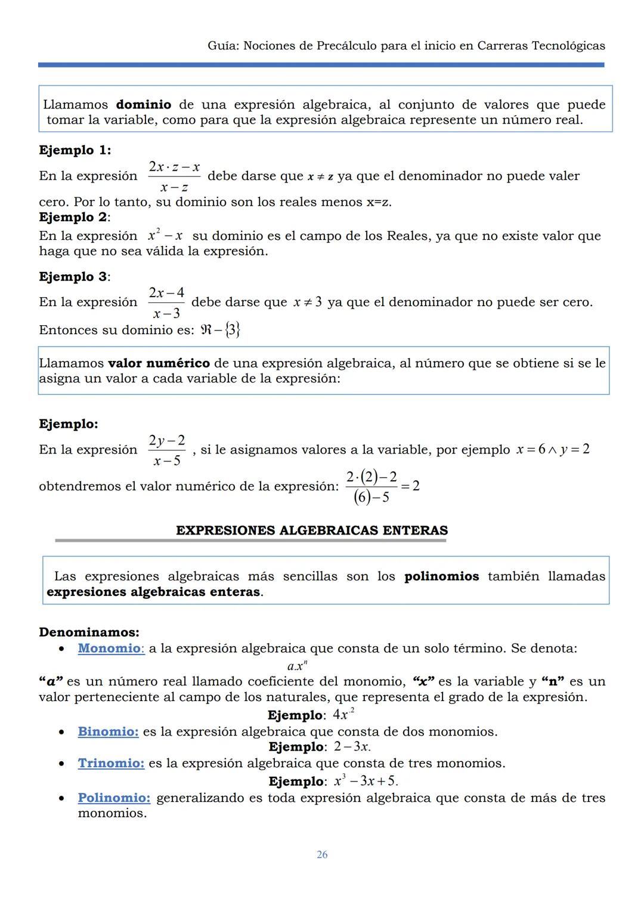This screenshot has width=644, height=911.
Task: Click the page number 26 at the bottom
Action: click(x=322, y=855)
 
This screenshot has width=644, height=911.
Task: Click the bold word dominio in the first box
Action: click(x=143, y=105)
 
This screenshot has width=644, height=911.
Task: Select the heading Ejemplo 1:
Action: click(x=75, y=150)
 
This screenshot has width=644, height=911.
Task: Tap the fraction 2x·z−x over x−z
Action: click(x=174, y=177)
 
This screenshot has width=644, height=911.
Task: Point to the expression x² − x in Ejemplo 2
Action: click(x=165, y=236)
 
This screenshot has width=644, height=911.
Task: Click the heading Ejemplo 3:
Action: click(x=75, y=277)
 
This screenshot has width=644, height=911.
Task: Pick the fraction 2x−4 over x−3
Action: click(x=166, y=302)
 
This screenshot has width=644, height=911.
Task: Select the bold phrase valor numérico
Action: click(x=159, y=363)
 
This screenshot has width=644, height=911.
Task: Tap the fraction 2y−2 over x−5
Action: click(x=167, y=450)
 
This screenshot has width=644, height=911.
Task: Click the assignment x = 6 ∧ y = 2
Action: click(x=553, y=449)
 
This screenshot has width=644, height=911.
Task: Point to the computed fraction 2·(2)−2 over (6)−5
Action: click(x=371, y=487)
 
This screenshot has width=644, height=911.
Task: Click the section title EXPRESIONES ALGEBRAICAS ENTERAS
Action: click(x=312, y=530)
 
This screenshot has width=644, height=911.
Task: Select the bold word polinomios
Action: click(x=441, y=576)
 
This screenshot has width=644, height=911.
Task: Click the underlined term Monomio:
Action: click(x=111, y=648)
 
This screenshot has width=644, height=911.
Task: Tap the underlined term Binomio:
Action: click(x=108, y=731)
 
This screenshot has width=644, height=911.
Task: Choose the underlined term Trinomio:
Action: click(x=111, y=763)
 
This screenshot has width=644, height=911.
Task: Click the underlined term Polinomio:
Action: click(x=114, y=798)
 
